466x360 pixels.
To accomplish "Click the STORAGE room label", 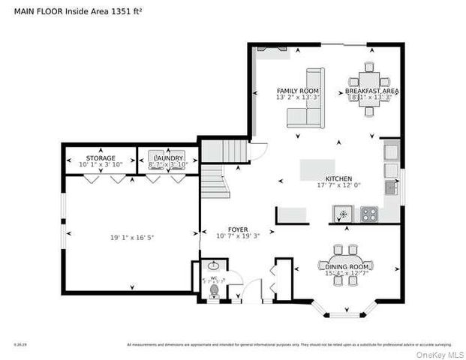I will (x=100, y=158).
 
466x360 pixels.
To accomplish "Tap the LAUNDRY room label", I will (x=168, y=158).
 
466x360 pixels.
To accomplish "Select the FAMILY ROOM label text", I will (x=298, y=91).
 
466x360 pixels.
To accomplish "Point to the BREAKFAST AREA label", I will (x=372, y=91).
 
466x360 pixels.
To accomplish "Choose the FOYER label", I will (x=237, y=229).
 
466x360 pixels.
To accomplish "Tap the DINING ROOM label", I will (x=347, y=267).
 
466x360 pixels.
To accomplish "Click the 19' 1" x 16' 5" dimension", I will (x=132, y=237).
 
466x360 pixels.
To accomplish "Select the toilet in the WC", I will (x=213, y=289).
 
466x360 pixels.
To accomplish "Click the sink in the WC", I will (x=213, y=265).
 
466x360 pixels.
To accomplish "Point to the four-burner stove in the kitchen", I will (x=369, y=214).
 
